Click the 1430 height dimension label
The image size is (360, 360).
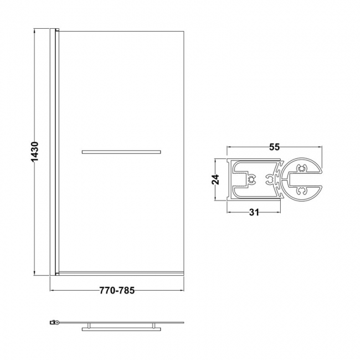(x=34, y=151)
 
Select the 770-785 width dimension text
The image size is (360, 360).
(x=117, y=290)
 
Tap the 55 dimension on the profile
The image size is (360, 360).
(x=274, y=147)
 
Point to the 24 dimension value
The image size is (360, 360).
(x=216, y=179)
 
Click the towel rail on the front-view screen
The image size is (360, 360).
(x=121, y=151)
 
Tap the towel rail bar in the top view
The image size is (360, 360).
(x=121, y=329)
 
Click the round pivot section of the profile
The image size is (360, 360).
(x=302, y=178)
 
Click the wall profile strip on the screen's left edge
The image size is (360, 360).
(x=54, y=151)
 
